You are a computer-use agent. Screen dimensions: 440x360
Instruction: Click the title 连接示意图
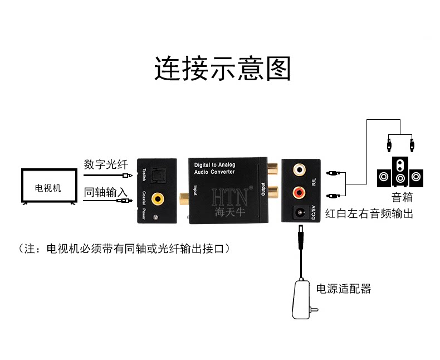222,68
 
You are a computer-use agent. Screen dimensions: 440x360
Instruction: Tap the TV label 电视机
48,188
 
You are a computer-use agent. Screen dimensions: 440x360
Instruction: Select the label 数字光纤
106,164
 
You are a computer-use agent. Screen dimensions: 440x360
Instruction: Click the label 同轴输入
106,193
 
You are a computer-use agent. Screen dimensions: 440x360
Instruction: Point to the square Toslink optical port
158,176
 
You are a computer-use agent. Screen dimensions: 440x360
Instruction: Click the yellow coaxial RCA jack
158,199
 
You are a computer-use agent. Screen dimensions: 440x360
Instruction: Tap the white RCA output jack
300,169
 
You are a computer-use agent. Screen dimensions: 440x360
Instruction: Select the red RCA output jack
299,192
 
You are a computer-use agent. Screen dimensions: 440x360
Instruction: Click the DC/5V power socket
300,212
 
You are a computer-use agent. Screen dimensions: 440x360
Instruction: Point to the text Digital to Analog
214,165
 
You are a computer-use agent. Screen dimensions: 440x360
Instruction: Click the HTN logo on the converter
229,197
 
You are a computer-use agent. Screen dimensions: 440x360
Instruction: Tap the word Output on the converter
263,189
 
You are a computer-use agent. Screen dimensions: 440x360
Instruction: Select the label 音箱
402,197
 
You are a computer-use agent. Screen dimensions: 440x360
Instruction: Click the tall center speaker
400,172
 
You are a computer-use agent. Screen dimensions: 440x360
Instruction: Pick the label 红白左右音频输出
369,213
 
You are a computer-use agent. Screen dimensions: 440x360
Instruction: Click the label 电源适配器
344,289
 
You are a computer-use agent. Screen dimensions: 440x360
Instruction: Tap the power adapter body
301,299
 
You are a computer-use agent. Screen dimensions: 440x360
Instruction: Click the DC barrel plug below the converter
301,237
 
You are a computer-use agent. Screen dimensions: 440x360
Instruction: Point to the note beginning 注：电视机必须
124,249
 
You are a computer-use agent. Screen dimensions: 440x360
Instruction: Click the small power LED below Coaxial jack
155,217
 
